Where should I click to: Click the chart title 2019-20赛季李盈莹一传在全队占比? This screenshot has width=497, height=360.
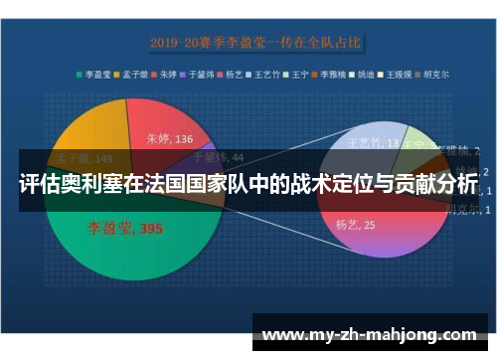point(255,43)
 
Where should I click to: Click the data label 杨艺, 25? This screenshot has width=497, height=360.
point(355,224)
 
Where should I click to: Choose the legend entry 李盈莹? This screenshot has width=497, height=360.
point(93,73)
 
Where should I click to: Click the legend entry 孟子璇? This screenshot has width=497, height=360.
point(131,73)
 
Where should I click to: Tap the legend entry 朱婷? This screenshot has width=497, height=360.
point(166,73)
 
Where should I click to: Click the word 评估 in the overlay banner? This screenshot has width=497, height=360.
point(37,185)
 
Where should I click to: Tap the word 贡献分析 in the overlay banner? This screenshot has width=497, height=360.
point(433,185)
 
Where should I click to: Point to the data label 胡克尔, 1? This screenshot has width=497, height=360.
point(461,210)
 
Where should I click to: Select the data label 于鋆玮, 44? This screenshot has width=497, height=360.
point(216,156)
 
